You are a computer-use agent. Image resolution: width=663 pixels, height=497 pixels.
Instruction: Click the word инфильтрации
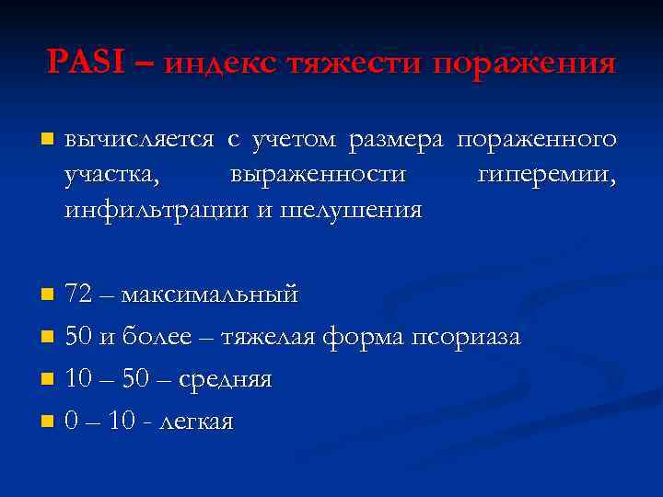tap(156, 210)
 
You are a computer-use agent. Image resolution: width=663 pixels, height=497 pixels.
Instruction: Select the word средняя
tap(225, 379)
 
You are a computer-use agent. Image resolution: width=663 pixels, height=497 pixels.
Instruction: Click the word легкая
tap(196, 422)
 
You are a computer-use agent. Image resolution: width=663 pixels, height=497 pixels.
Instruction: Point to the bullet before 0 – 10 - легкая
tap(48, 422)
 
